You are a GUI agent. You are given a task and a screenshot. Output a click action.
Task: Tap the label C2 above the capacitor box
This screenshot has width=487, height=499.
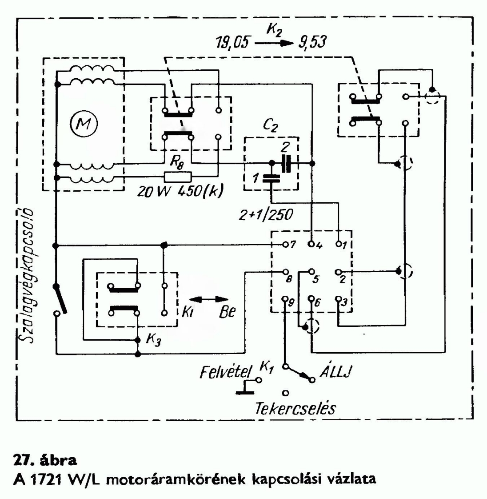(x=270, y=127)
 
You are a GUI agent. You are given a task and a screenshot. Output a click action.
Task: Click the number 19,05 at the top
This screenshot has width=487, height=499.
(x=231, y=43)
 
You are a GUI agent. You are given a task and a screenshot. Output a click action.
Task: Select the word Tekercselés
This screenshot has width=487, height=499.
(x=295, y=408)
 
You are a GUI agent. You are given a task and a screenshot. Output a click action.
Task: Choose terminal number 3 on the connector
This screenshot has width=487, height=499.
(x=344, y=302)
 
